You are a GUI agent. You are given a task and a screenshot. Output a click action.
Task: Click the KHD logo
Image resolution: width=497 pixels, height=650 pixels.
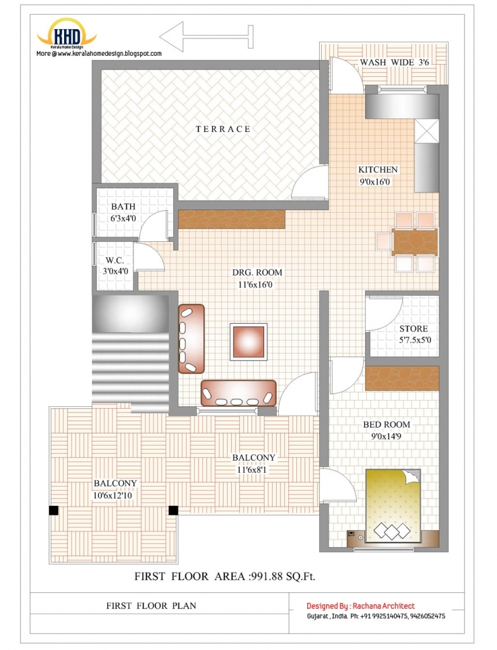click(67, 33)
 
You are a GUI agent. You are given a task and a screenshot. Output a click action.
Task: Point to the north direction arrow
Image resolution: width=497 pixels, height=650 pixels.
click(206, 37)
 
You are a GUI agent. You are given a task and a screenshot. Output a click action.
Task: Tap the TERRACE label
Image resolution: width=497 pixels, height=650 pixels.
click(223, 129)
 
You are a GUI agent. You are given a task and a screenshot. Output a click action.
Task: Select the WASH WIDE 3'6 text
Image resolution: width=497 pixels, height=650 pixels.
click(394, 62)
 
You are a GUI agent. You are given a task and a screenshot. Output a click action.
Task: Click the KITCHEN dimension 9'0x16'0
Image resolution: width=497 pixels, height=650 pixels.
click(374, 182)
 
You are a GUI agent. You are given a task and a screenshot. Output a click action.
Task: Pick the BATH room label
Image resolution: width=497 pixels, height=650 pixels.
click(123, 206)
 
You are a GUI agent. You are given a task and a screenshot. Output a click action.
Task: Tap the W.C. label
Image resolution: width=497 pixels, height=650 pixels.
click(114, 260)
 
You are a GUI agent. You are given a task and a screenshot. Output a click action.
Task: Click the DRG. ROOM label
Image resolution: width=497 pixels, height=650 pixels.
click(257, 272)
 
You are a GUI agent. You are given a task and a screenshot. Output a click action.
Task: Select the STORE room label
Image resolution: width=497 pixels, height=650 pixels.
click(413, 329)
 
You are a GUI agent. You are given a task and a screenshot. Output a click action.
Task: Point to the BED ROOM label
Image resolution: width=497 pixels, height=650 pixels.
click(387, 425)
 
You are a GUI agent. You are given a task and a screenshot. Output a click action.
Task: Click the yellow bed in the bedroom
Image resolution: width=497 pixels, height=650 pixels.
click(393, 505)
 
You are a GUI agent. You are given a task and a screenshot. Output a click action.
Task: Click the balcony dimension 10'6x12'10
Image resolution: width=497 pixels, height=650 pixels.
click(113, 495)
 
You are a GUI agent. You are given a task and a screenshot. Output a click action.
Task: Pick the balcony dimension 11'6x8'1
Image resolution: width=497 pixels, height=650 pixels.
click(251, 470)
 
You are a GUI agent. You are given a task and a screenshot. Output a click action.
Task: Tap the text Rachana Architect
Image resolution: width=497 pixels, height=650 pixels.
click(383, 606)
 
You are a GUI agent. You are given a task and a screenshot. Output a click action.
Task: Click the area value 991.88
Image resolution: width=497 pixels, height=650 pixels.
click(267, 576)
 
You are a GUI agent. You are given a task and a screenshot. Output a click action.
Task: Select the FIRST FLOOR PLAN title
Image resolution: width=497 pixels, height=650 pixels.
click(151, 606)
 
